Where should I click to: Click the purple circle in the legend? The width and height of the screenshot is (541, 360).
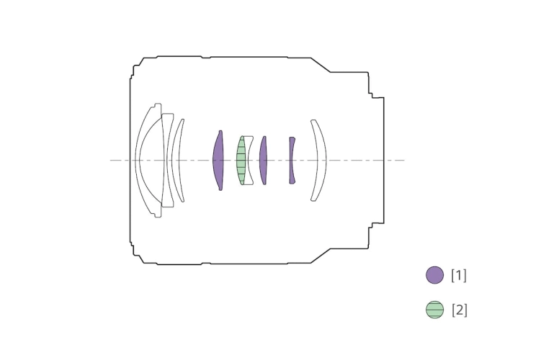[434, 275]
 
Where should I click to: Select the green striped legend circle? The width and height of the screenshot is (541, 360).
[434, 310]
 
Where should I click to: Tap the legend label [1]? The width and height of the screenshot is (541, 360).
[459, 275]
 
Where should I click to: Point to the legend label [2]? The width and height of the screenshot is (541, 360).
[459, 310]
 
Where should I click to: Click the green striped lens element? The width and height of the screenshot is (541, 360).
[241, 161]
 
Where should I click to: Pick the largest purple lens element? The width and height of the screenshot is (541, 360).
[218, 161]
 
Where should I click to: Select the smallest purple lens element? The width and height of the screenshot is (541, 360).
[292, 161]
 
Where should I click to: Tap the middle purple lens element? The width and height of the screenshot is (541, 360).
[263, 161]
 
